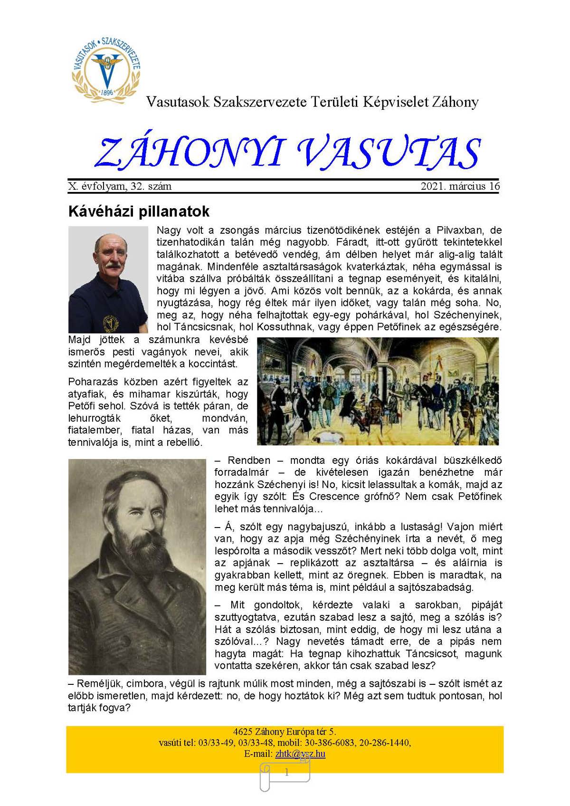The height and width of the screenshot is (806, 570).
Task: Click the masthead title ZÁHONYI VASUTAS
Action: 287,153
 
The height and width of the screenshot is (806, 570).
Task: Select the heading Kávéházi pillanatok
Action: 139,211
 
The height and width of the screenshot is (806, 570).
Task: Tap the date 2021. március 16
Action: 460,186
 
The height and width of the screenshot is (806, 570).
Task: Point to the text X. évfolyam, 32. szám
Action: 120,186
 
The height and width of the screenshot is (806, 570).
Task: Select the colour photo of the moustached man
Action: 108,279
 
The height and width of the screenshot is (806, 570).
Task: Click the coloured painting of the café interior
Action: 378,391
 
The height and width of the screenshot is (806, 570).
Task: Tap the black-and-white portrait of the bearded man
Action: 137,566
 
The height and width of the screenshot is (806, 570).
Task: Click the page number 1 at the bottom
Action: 286,773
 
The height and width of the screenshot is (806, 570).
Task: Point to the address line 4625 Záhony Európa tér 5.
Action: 285,731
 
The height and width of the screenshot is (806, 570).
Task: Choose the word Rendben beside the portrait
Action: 249,461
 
